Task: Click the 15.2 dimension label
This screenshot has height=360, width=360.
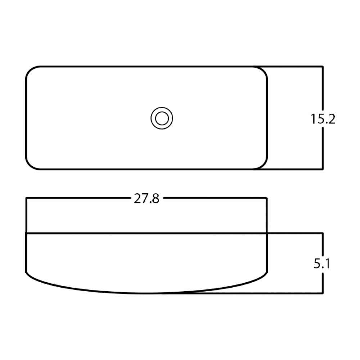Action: (x=323, y=119)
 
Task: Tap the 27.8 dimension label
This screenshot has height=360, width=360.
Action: (x=147, y=198)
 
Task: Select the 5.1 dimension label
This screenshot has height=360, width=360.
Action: (x=322, y=264)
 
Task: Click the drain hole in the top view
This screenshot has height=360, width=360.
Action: (x=162, y=118)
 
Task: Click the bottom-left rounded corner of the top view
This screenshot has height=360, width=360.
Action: (x=30, y=165)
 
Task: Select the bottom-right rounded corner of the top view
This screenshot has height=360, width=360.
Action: (x=263, y=165)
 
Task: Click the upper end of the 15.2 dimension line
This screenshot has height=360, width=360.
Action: (x=323, y=67)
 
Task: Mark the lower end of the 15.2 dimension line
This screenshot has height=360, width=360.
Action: (x=323, y=169)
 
